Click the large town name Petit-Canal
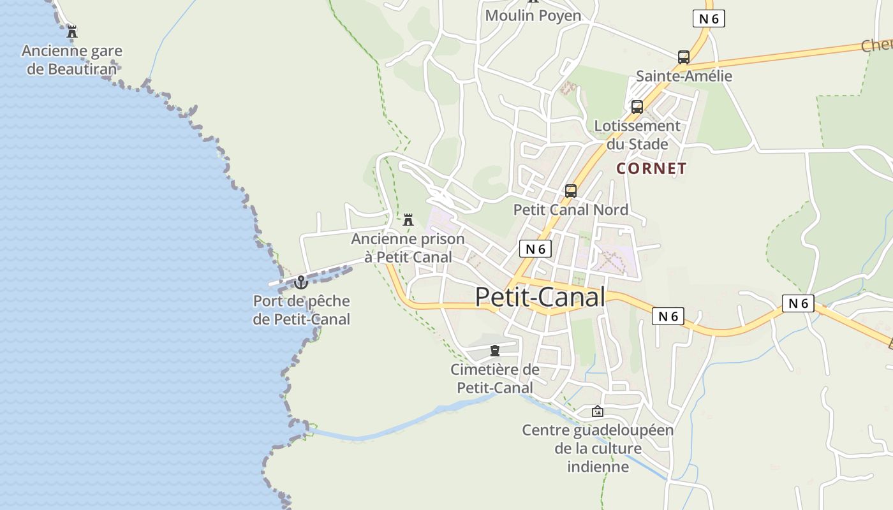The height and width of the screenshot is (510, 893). [540, 297]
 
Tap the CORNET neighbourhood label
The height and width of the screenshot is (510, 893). [651, 169]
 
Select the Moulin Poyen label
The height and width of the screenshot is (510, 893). [533, 15]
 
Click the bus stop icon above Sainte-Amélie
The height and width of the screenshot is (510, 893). [684, 57]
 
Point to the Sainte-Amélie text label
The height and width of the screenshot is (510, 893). [684, 76]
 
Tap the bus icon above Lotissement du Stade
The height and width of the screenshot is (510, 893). [637, 107]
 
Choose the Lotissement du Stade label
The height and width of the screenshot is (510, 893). [637, 135]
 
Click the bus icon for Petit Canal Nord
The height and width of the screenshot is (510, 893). [571, 191]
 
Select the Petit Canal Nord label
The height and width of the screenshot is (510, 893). [571, 210]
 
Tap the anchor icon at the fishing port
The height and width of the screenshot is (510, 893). [301, 282]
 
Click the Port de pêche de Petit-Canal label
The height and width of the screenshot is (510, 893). [302, 310]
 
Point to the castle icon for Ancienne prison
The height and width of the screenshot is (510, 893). [408, 220]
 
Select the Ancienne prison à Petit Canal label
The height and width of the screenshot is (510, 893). [408, 248]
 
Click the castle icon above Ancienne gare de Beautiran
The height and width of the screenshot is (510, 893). [72, 31]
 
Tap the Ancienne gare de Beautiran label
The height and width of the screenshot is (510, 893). [72, 59]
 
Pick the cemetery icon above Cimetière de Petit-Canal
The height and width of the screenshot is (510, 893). [495, 351]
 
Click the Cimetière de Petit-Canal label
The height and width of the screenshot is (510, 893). [495, 379]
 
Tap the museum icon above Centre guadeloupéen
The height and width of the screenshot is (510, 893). [598, 411]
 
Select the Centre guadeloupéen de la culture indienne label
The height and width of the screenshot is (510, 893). [598, 448]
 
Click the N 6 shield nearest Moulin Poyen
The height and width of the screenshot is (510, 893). [709, 18]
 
